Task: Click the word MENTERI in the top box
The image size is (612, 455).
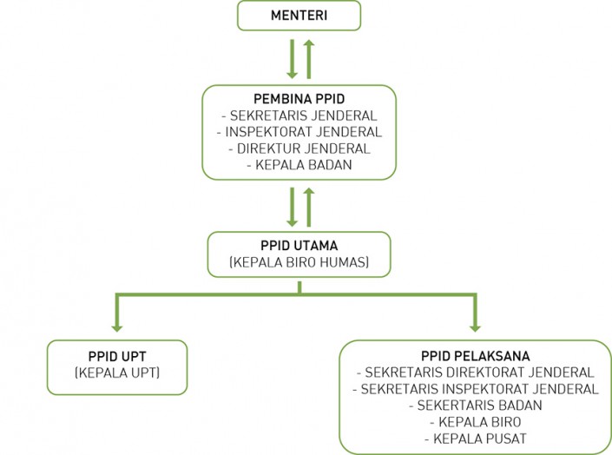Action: pos(299,15)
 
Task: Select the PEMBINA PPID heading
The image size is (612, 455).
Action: pos(299,98)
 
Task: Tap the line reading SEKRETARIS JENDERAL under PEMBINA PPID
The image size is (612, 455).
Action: pos(299,115)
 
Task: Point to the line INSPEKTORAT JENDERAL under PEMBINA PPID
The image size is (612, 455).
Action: pos(299,131)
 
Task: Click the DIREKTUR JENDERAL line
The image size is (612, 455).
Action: pos(299,148)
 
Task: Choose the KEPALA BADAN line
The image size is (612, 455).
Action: pos(299,164)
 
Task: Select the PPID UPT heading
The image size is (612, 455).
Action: pos(118,356)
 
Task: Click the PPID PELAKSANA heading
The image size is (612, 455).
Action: pos(475,355)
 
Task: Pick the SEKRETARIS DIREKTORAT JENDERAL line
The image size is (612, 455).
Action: pos(475,372)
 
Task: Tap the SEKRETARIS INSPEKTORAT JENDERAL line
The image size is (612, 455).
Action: pos(475,388)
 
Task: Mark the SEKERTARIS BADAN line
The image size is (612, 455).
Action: pos(475,405)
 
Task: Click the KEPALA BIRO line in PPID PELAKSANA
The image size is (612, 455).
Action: pos(475,421)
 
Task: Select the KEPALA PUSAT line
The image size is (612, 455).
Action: pos(475,438)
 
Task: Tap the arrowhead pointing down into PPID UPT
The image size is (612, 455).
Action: pos(116,325)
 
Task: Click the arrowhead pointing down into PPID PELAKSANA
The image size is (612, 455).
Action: pos(475,325)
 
